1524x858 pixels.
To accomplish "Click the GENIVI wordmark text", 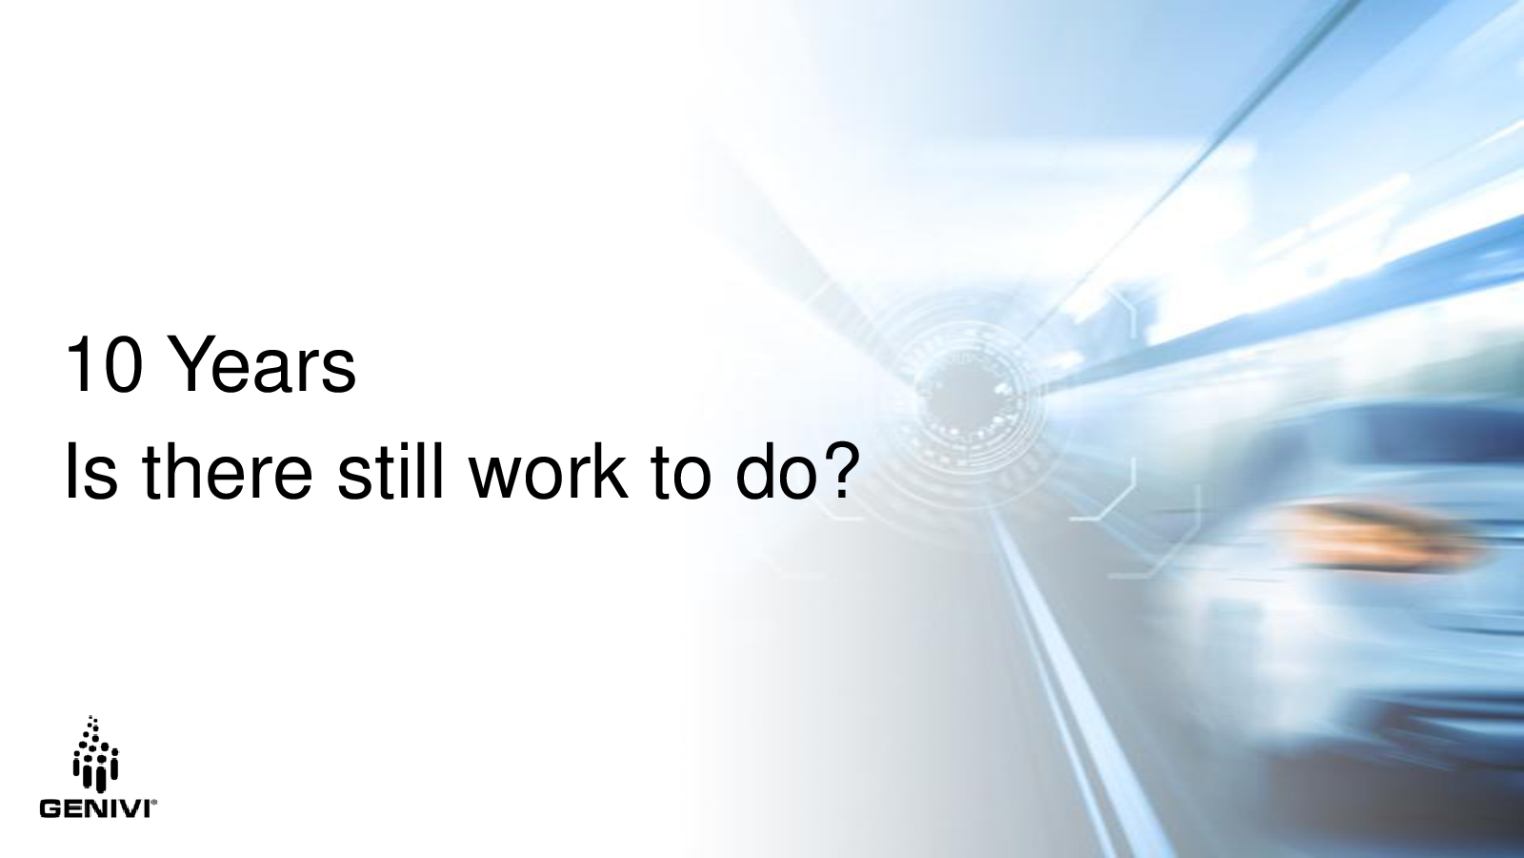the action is coord(95,809).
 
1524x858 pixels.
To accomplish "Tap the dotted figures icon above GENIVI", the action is coord(95,754).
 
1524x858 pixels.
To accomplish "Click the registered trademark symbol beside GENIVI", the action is coord(155,804).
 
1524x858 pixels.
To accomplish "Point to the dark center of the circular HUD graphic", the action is coord(957,401).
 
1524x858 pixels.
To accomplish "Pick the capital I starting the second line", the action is coord(70,471).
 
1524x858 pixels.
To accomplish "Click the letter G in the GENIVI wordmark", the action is coord(49,809).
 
